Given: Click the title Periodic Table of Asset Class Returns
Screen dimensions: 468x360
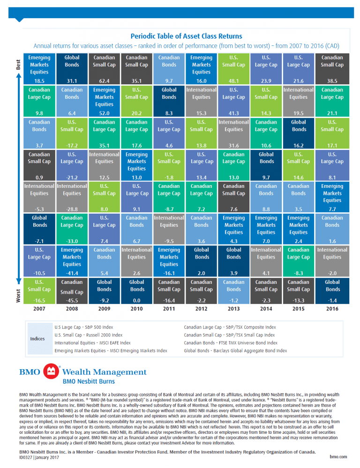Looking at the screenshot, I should [186, 36].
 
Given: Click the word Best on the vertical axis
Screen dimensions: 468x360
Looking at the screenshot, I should [18, 64].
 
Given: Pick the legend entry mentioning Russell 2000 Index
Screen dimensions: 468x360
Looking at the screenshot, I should [89, 335].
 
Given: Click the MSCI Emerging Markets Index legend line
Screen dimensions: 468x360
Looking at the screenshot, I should [111, 350].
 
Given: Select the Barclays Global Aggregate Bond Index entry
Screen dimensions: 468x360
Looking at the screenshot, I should [235, 350].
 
